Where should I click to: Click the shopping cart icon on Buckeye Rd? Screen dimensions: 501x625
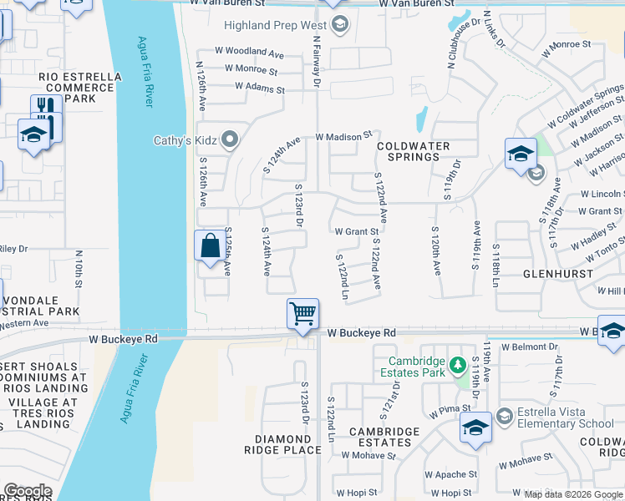pyautogui.click(x=302, y=315)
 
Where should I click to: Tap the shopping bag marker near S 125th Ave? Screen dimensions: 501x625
pyautogui.click(x=209, y=246)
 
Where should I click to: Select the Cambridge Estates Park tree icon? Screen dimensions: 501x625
pyautogui.click(x=457, y=364)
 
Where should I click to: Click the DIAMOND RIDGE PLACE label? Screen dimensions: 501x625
pyautogui.click(x=288, y=444)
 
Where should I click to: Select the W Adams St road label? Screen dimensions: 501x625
pyautogui.click(x=259, y=86)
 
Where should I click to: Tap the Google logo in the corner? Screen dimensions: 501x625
pyautogui.click(x=27, y=491)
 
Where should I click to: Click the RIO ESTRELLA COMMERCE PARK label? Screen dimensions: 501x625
pyautogui.click(x=80, y=88)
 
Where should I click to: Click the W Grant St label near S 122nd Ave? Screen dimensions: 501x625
pyautogui.click(x=357, y=231)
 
